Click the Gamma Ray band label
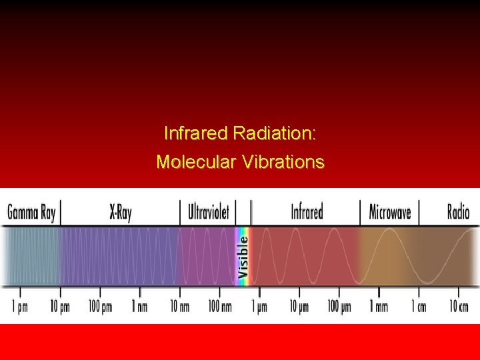click(x=31, y=213)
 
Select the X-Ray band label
click(x=121, y=213)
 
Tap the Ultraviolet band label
click(x=209, y=213)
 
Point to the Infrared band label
click(x=307, y=213)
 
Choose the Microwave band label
click(x=390, y=213)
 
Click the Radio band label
click(x=458, y=213)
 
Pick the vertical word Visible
click(x=244, y=255)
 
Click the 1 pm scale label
click(x=20, y=307)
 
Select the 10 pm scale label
click(x=59, y=307)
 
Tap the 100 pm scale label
click(x=100, y=307)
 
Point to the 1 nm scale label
click(x=140, y=307)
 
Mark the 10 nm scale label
click(x=179, y=307)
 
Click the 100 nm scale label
click(x=219, y=307)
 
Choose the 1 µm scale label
click(x=259, y=307)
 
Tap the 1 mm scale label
click(x=379, y=307)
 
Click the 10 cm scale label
click(x=458, y=307)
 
